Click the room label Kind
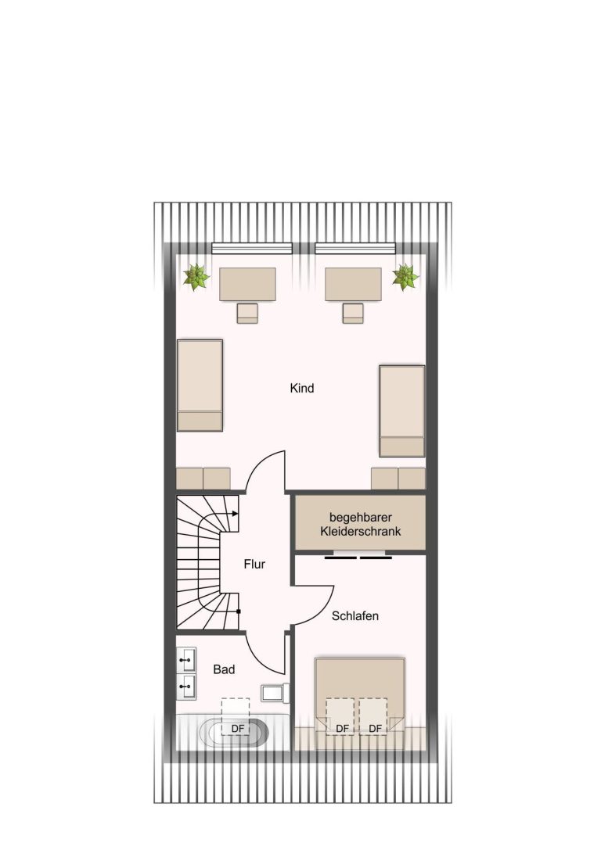[301, 388]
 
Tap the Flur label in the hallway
[254, 565]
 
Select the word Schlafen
[355, 616]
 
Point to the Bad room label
[224, 669]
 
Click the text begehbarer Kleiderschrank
[361, 524]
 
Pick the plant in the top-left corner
[196, 277]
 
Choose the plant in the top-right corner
[405, 277]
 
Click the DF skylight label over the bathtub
[238, 729]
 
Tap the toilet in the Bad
[275, 694]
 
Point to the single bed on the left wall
[200, 386]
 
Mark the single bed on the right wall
[402, 411]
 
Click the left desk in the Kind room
[247, 284]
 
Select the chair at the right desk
[353, 314]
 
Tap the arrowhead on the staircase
[235, 513]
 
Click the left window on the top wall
[252, 249]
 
